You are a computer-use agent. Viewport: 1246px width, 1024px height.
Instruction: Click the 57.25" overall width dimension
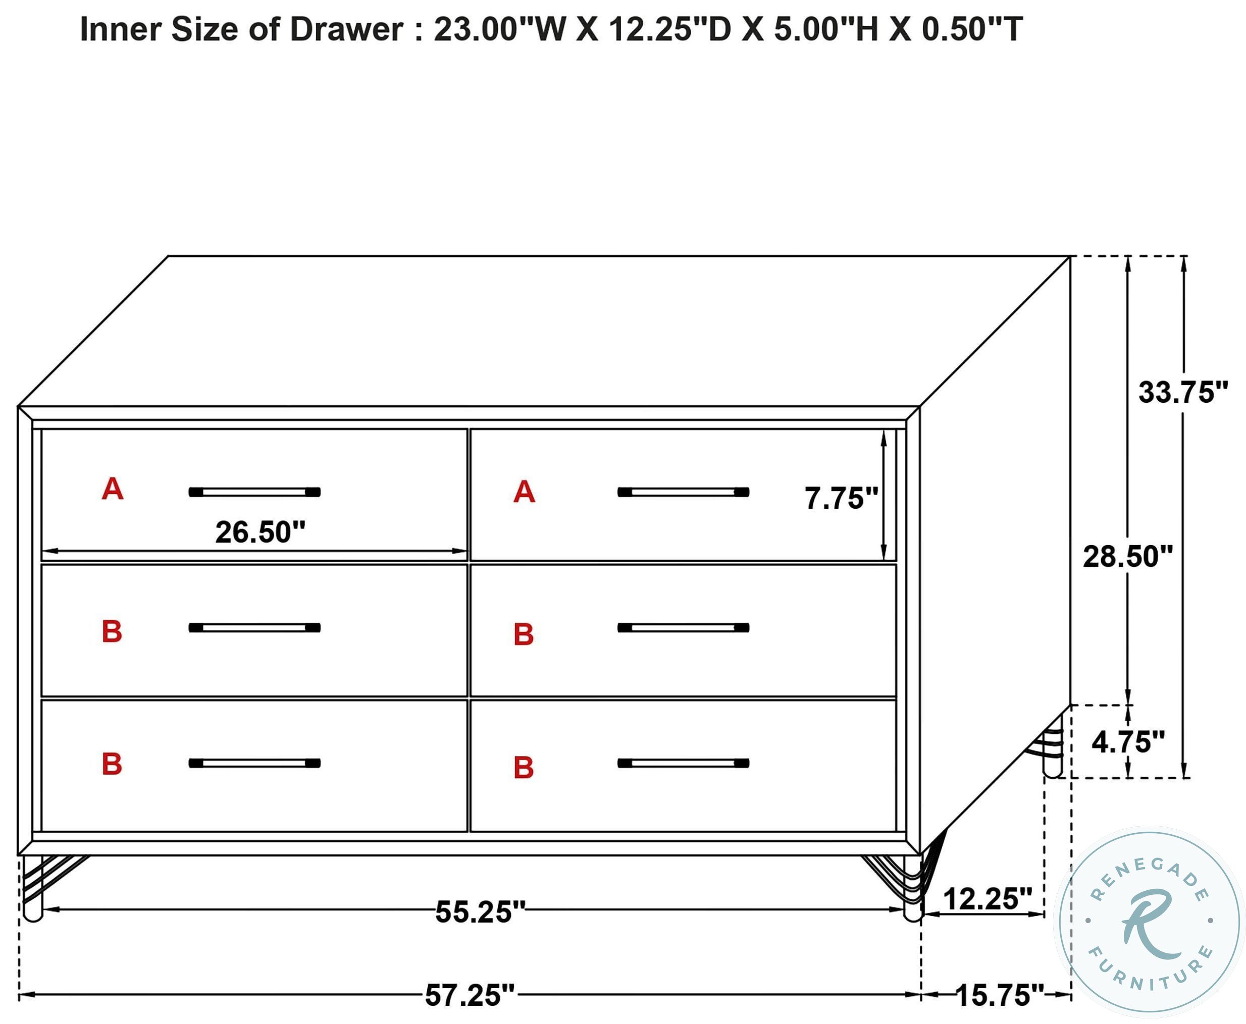[470, 995]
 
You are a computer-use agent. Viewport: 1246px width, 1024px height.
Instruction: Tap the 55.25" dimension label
[480, 911]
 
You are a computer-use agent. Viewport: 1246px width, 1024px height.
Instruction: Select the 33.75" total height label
[1182, 392]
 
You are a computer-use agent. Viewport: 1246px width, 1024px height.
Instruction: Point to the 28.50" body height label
[1127, 556]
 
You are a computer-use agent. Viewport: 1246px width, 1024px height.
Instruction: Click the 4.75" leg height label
[1127, 741]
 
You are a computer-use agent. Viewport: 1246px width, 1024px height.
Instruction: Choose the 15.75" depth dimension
[999, 995]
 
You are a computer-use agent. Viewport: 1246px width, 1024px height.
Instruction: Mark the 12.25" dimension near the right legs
[987, 899]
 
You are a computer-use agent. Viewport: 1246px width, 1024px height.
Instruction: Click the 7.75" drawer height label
[841, 499]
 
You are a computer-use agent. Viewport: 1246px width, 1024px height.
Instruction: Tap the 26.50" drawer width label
[260, 532]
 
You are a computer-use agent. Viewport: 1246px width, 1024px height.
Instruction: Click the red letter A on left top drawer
[112, 489]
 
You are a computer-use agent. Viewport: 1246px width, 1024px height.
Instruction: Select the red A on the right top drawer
[524, 492]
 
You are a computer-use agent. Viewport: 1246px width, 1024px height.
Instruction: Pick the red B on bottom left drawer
[112, 764]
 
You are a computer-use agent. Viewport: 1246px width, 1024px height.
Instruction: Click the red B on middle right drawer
[524, 635]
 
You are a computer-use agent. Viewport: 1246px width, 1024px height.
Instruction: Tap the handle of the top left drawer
[254, 492]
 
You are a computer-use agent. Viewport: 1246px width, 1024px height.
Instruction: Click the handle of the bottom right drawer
[683, 763]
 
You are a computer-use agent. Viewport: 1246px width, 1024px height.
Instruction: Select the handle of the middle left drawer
[254, 628]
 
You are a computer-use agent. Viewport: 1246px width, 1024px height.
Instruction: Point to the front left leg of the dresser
[33, 891]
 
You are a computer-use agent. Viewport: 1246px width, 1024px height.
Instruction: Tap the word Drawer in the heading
[346, 29]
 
